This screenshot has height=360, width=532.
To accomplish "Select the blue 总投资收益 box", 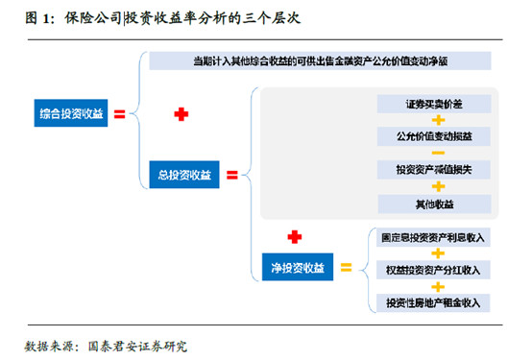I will click(x=186, y=176).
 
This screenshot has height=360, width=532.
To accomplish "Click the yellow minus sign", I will click(x=437, y=153).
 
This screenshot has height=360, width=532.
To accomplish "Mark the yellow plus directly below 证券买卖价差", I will click(x=437, y=119).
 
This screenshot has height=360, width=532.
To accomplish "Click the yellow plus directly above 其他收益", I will click(x=437, y=186).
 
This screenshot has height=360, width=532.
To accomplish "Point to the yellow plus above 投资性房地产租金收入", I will click(x=437, y=285).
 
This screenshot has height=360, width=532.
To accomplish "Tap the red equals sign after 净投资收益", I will click(x=346, y=267).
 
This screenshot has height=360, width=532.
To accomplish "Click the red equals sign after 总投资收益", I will click(x=231, y=176).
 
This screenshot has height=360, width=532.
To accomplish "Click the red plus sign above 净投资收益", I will click(x=294, y=235).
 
